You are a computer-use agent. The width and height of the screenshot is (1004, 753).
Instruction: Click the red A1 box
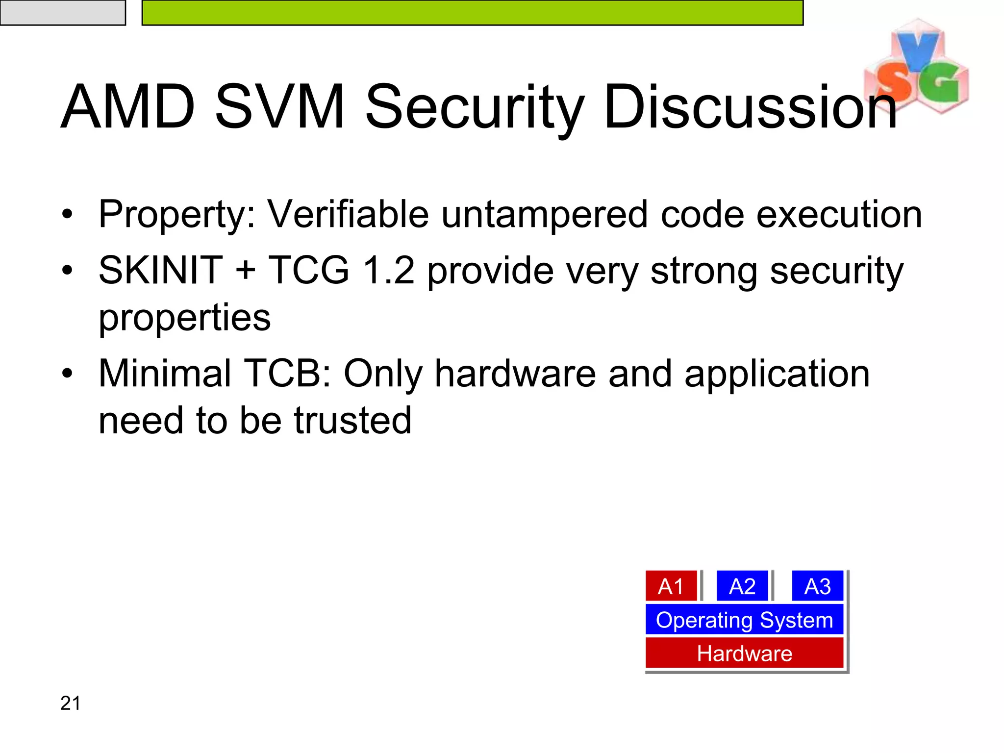671,586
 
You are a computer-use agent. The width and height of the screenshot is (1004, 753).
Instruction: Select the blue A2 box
742,586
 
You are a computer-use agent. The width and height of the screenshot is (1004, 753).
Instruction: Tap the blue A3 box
817,586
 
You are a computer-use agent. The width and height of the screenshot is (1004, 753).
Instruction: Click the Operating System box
744,620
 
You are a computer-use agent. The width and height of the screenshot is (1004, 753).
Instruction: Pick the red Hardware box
744,653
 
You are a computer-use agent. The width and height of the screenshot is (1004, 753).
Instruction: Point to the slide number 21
70,703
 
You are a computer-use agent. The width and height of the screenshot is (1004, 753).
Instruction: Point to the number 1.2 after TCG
388,270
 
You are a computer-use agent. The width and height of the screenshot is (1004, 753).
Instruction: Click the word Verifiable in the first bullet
348,214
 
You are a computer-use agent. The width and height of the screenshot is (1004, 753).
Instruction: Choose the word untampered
544,214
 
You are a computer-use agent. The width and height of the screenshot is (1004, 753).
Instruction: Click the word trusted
352,420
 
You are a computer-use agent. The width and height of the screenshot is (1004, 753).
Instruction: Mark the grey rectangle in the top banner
63,12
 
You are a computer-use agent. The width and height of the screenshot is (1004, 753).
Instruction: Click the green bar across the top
472,12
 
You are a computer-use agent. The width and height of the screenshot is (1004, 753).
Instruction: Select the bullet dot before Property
67,214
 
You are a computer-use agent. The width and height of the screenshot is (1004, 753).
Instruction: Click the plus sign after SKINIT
246,271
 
